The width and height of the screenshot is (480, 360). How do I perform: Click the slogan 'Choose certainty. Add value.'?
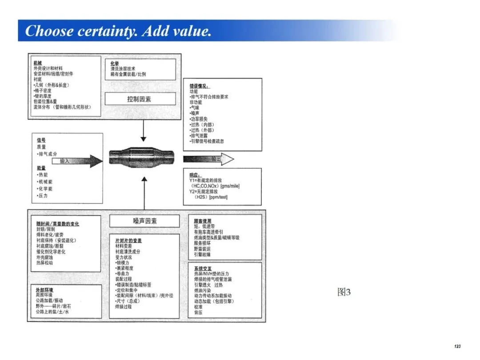[x=118, y=31]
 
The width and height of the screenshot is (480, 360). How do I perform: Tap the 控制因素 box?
[x=139, y=99]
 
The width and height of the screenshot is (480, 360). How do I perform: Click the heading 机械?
[x=38, y=63]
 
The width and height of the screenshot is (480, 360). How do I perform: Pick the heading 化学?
[x=115, y=64]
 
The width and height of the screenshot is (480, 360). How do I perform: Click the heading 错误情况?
[x=199, y=86]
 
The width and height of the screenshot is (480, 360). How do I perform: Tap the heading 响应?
[x=195, y=176]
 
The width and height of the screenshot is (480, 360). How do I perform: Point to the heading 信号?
[x=41, y=140]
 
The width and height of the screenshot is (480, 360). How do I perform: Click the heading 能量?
[x=41, y=168]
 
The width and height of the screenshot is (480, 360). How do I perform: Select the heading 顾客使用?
[x=203, y=221]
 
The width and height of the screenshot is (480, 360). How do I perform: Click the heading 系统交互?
[x=203, y=269]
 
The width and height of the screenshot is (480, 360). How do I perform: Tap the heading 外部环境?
[x=45, y=290]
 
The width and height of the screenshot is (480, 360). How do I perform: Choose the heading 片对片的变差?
[x=128, y=240]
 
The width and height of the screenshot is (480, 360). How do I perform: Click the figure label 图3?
[x=344, y=292]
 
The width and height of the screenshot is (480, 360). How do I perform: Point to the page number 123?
[x=457, y=346]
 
